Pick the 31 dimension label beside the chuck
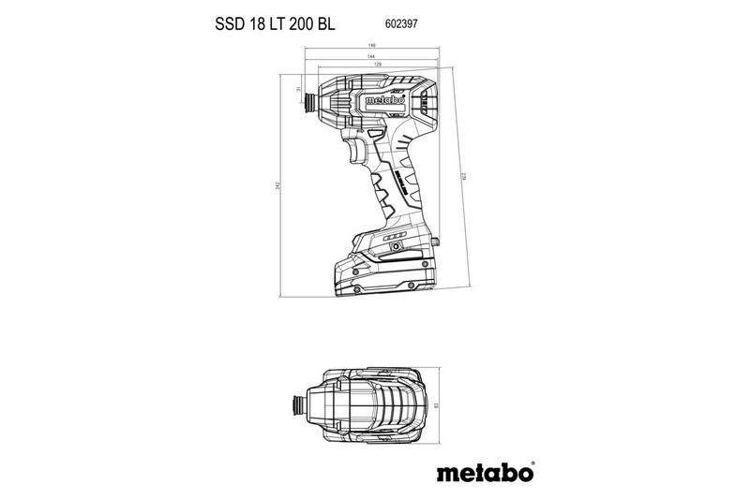297,89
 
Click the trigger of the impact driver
357,150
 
